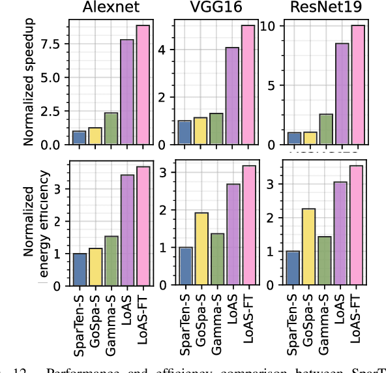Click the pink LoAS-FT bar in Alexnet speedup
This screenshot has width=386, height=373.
pos(143,85)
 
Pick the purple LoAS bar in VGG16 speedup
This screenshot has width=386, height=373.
pos(232,96)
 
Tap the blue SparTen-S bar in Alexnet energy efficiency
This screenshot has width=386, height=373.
pos(80,269)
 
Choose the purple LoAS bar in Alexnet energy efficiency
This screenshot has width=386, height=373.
pos(127,230)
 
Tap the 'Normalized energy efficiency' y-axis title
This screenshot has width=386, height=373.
pos(35,222)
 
